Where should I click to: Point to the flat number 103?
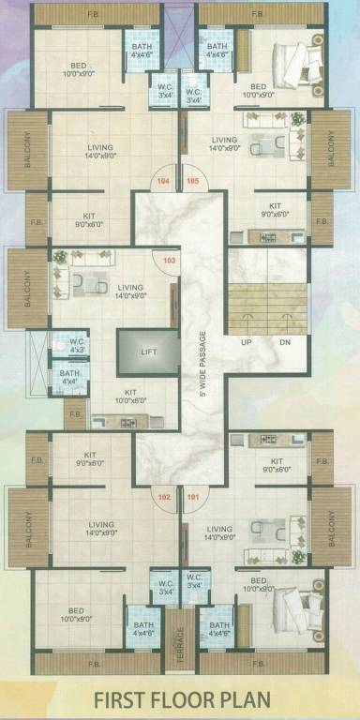[170, 260]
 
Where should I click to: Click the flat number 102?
[164, 498]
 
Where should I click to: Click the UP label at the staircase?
[247, 341]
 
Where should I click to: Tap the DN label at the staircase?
[285, 341]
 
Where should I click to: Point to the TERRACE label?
[181, 640]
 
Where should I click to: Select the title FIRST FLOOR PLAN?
[180, 699]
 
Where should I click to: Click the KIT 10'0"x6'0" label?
[130, 397]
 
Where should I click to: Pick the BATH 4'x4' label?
[70, 377]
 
